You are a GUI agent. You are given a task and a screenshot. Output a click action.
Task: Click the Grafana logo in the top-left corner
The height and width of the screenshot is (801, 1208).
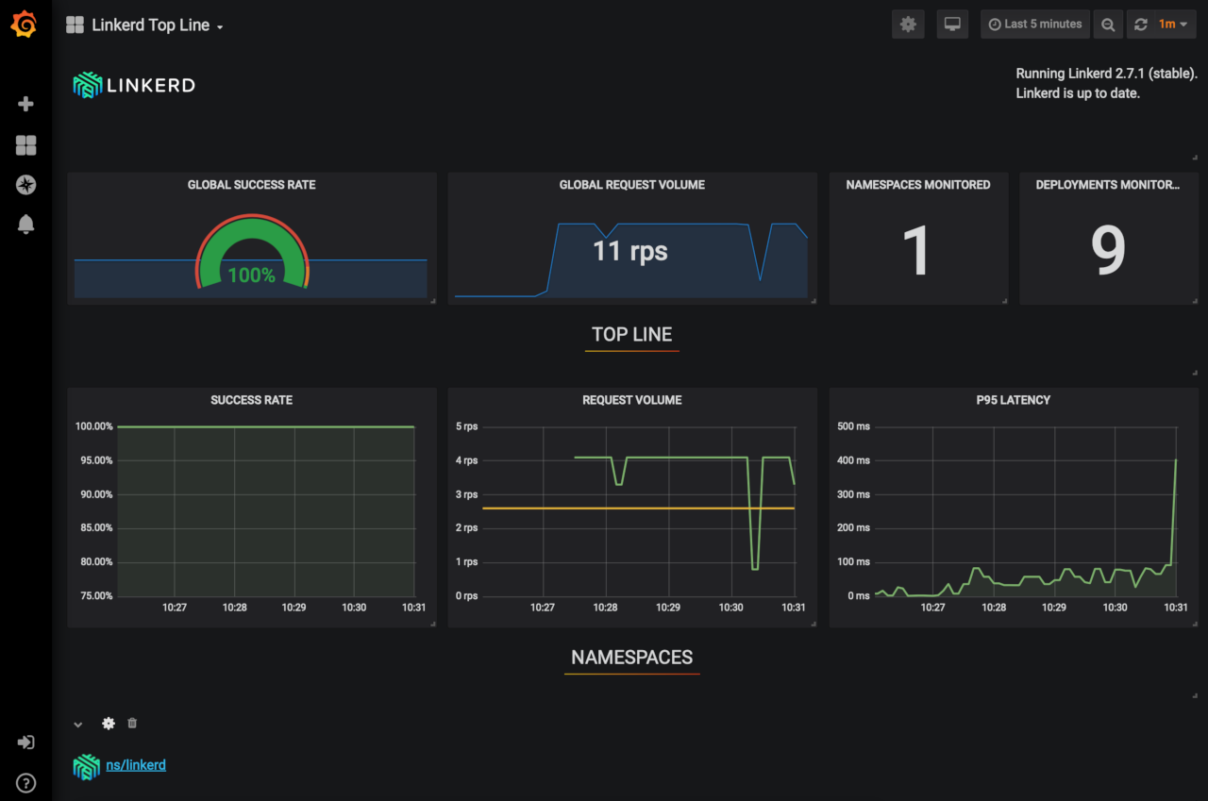pos(25,25)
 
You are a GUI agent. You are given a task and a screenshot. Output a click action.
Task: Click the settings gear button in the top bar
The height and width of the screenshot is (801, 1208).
pos(908,25)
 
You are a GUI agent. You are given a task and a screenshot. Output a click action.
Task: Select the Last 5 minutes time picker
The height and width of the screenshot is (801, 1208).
pos(1035,25)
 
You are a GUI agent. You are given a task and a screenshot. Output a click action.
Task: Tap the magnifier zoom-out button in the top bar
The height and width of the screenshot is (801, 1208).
pos(1108,25)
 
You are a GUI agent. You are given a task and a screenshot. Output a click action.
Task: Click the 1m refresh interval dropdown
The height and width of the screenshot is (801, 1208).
pos(1172,25)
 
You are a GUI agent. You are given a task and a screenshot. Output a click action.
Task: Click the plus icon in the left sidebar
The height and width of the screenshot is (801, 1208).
pos(26,104)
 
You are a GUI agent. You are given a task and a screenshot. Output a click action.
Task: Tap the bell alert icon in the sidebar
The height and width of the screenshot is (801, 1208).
pos(26,225)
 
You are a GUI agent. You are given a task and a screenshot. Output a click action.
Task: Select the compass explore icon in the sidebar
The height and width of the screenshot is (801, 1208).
pos(26,185)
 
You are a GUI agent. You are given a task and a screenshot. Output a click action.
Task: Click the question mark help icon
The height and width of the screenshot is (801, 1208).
pos(26,782)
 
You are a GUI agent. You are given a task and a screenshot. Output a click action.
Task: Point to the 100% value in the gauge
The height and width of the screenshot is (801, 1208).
pos(251,275)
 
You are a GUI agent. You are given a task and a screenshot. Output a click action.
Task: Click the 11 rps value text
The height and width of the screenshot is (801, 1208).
pos(629,251)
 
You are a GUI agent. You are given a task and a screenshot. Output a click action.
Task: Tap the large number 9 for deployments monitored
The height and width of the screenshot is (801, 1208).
pos(1108,251)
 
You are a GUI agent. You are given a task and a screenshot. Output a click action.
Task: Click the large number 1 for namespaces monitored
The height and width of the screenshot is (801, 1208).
pos(916,251)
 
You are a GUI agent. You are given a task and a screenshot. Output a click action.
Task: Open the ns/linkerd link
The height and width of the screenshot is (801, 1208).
pos(136,765)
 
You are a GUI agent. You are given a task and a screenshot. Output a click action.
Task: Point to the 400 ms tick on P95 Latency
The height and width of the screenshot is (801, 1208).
pos(853,460)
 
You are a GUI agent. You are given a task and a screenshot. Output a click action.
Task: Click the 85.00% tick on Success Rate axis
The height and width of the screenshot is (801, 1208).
pos(93,528)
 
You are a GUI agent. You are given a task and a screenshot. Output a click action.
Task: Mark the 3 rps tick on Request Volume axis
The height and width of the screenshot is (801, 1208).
pos(466,494)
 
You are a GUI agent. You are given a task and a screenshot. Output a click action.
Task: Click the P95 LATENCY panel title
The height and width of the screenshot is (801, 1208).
pos(1013,400)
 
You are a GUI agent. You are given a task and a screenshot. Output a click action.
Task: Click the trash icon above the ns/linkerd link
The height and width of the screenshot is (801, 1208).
pos(132,724)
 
